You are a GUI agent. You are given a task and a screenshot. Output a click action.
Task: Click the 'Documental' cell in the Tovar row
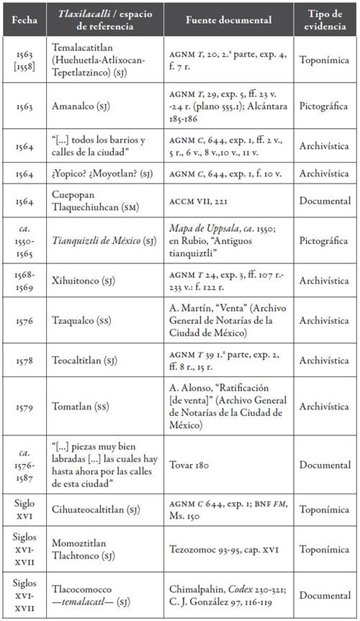(x=324, y=465)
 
